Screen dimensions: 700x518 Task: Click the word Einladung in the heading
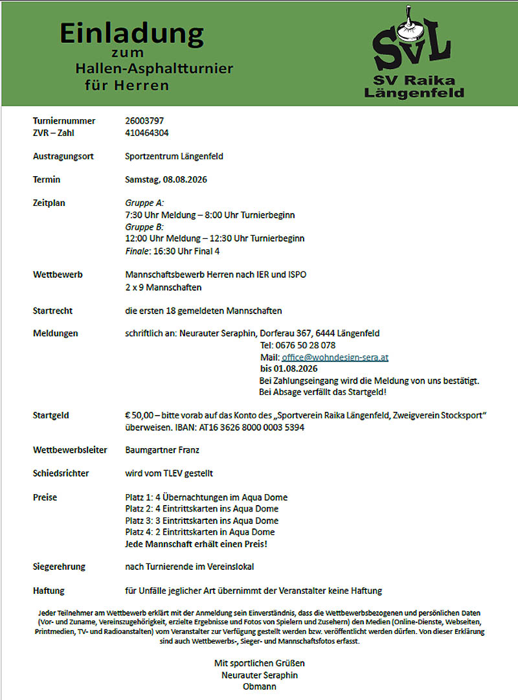pyautogui.click(x=131, y=33)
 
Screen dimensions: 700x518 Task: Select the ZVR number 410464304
pyautogui.click(x=147, y=132)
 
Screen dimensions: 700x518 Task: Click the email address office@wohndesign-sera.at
pyautogui.click(x=335, y=357)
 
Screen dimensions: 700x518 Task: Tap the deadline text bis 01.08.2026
pyautogui.click(x=289, y=368)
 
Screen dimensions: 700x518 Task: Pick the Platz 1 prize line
pyautogui.click(x=206, y=497)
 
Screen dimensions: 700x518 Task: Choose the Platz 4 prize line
pyautogui.click(x=199, y=532)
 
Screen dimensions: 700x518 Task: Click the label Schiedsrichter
pyautogui.click(x=61, y=473)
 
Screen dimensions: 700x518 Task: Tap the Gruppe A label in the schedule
pyautogui.click(x=144, y=203)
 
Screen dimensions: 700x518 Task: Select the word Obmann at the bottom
pyautogui.click(x=259, y=686)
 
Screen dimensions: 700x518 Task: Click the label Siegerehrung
pyautogui.click(x=59, y=567)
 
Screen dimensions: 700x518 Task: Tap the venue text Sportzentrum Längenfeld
pyautogui.click(x=174, y=156)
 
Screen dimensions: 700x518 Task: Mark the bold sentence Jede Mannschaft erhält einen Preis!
pyautogui.click(x=196, y=544)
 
